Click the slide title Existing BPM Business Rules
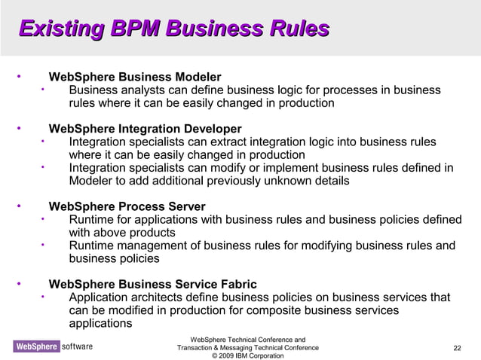[x=174, y=29]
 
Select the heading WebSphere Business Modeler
[x=134, y=78]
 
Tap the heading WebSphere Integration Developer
[x=145, y=129]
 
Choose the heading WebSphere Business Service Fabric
[x=152, y=285]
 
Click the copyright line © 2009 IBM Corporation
[x=248, y=355]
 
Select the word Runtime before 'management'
[x=90, y=246]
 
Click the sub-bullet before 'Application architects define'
[x=44, y=297]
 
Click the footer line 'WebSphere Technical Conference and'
[x=248, y=340]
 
